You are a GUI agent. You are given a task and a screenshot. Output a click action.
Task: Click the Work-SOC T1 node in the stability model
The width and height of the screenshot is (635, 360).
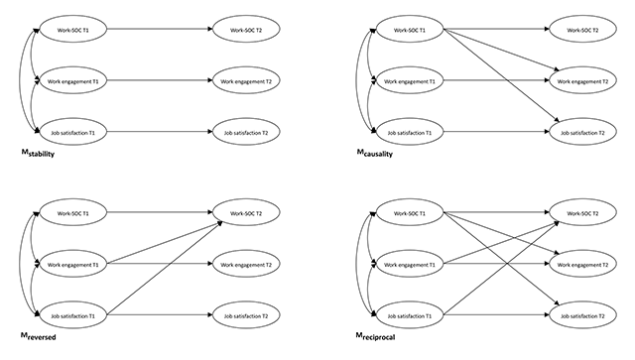coord(73,29)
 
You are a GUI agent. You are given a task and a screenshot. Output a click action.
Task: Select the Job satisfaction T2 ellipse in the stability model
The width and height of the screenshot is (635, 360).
coord(246,132)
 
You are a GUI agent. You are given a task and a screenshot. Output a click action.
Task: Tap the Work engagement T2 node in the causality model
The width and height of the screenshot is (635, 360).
coord(582,80)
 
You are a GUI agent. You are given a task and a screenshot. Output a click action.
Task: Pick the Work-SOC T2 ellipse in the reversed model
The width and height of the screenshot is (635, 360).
coord(246,212)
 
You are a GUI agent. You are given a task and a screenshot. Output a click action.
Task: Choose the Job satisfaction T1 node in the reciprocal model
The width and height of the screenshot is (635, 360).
coord(410,315)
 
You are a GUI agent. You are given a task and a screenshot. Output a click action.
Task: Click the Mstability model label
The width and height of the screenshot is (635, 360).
coord(38,153)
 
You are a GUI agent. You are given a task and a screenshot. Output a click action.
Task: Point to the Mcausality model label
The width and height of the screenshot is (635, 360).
coord(375,153)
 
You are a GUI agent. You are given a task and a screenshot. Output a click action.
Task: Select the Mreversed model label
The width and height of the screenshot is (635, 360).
coord(39,336)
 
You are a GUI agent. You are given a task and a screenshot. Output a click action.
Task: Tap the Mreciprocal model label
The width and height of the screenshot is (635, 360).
coord(375,336)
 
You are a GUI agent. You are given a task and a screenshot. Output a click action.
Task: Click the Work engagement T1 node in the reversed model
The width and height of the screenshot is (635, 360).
coord(73,264)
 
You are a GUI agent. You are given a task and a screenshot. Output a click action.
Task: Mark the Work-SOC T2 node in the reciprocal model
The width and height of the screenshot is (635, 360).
coord(582,212)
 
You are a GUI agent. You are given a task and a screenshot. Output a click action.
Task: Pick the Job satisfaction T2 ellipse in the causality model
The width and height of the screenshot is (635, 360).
coord(582,132)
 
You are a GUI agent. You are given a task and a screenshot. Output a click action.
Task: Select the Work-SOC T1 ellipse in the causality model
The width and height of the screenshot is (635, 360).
coord(410,29)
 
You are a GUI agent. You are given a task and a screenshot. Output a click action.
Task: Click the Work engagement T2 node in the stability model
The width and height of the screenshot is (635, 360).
coord(246,80)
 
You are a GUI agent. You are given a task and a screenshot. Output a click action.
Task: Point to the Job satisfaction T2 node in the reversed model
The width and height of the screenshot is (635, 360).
coord(246,315)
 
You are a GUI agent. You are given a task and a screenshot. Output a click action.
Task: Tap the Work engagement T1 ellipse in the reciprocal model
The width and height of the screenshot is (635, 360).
coord(410,264)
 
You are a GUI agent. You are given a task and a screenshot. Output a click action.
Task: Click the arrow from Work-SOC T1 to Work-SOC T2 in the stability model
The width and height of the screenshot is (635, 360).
coord(160,29)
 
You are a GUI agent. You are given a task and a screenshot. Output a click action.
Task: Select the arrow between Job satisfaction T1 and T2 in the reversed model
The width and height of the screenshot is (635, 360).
coord(160,314)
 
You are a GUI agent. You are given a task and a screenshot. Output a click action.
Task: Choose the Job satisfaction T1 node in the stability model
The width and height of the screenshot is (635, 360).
coord(73,132)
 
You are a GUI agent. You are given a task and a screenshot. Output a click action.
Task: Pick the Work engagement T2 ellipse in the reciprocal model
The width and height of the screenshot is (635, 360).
coord(582,264)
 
